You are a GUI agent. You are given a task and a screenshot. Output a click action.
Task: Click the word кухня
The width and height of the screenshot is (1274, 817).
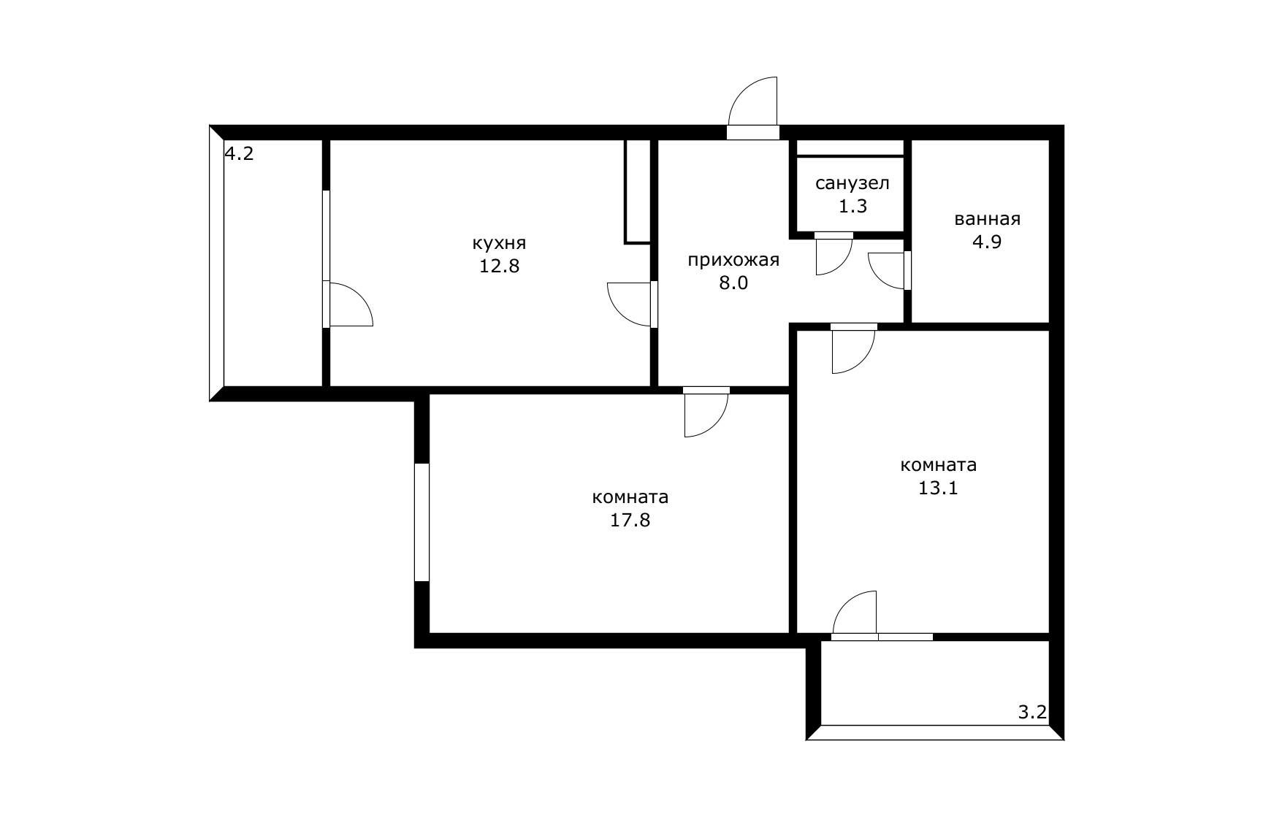click(499, 244)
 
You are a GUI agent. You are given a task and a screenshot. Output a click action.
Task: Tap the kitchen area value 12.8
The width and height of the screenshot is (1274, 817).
click(499, 266)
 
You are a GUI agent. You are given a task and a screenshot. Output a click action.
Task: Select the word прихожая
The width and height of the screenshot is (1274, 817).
click(733, 261)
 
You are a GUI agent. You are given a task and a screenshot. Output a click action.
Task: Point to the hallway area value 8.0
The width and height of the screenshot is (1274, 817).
click(733, 283)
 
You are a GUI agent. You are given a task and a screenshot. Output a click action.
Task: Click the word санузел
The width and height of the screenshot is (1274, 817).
click(852, 183)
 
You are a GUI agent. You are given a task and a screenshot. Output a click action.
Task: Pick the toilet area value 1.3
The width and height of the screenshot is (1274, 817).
click(852, 207)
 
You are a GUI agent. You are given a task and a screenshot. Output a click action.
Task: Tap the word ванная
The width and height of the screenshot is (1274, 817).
click(987, 219)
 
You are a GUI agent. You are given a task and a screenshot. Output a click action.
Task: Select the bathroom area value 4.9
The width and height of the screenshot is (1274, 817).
click(986, 242)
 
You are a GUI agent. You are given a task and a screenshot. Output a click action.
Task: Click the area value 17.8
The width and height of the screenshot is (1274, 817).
click(630, 521)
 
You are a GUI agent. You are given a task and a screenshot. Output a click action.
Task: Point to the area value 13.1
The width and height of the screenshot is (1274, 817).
click(938, 488)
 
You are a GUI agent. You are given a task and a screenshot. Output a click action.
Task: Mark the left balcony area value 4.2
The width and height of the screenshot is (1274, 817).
click(239, 154)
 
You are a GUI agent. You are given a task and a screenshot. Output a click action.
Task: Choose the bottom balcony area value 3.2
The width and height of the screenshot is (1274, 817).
click(1032, 713)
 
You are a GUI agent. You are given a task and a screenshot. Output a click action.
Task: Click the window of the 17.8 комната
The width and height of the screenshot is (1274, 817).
click(422, 522)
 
